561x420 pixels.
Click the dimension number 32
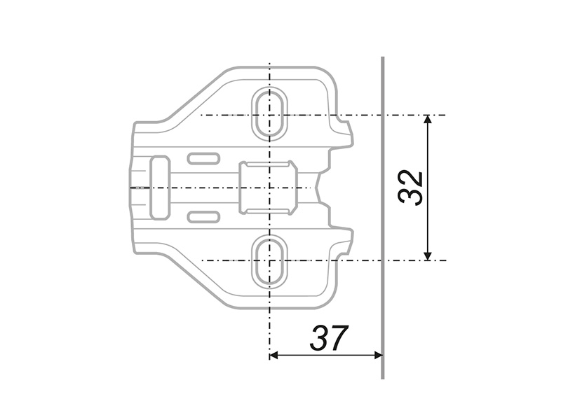point(410,188)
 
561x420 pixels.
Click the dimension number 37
point(329,338)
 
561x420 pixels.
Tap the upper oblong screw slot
point(270,113)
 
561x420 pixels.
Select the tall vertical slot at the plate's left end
point(160,187)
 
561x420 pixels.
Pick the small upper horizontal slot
point(203,158)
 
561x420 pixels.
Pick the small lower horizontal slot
point(203,216)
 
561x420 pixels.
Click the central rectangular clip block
point(268,188)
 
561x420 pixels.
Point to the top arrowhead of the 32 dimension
point(428,119)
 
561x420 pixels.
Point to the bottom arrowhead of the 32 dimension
point(428,255)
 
